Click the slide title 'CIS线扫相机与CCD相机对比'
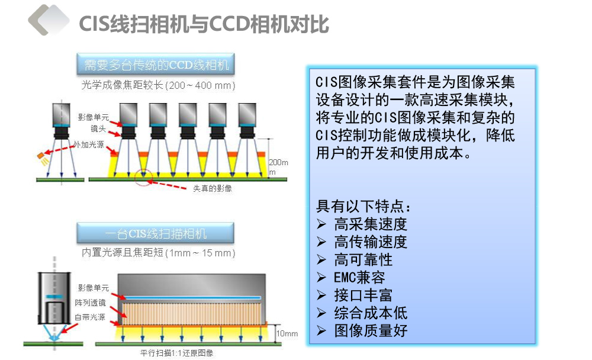click(204, 24)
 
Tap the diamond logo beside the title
click(49, 20)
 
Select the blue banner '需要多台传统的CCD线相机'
click(156, 64)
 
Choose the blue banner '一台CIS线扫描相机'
click(155, 233)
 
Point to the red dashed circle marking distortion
click(143, 177)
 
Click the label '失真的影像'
click(212, 188)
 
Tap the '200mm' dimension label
click(278, 167)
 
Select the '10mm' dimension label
click(287, 333)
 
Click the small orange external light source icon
click(41, 156)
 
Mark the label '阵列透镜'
click(90, 303)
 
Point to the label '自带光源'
click(90, 317)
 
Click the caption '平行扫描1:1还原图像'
click(176, 353)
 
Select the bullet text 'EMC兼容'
click(359, 278)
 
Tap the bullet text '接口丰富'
click(363, 295)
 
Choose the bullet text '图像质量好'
click(371, 331)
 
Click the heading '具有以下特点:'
click(363, 206)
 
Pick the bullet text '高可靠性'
click(363, 260)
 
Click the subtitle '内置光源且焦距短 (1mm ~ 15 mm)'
click(159, 252)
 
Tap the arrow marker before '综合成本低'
click(321, 313)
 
